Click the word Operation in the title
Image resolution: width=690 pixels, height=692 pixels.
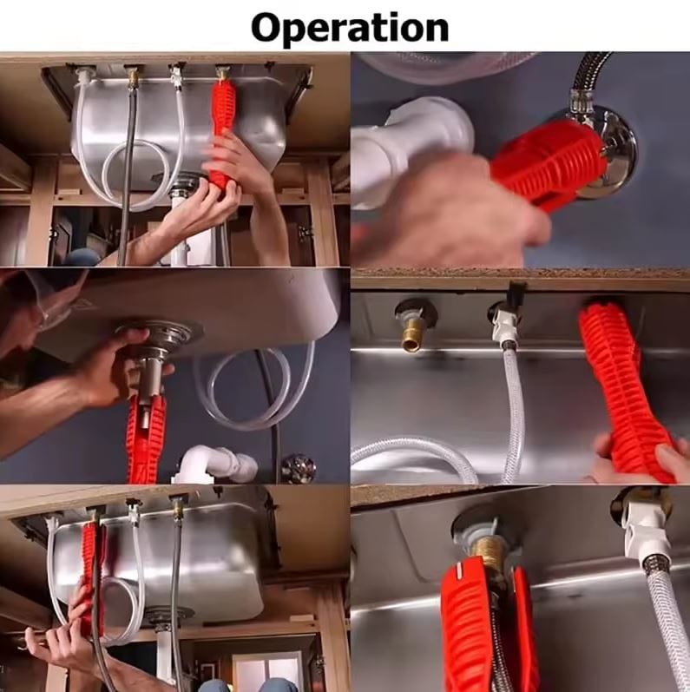[350, 27]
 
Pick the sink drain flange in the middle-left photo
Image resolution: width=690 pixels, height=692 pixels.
[160, 333]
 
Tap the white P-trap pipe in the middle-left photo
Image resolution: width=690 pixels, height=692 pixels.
[215, 465]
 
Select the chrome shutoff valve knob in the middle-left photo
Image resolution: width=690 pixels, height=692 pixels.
[299, 468]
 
